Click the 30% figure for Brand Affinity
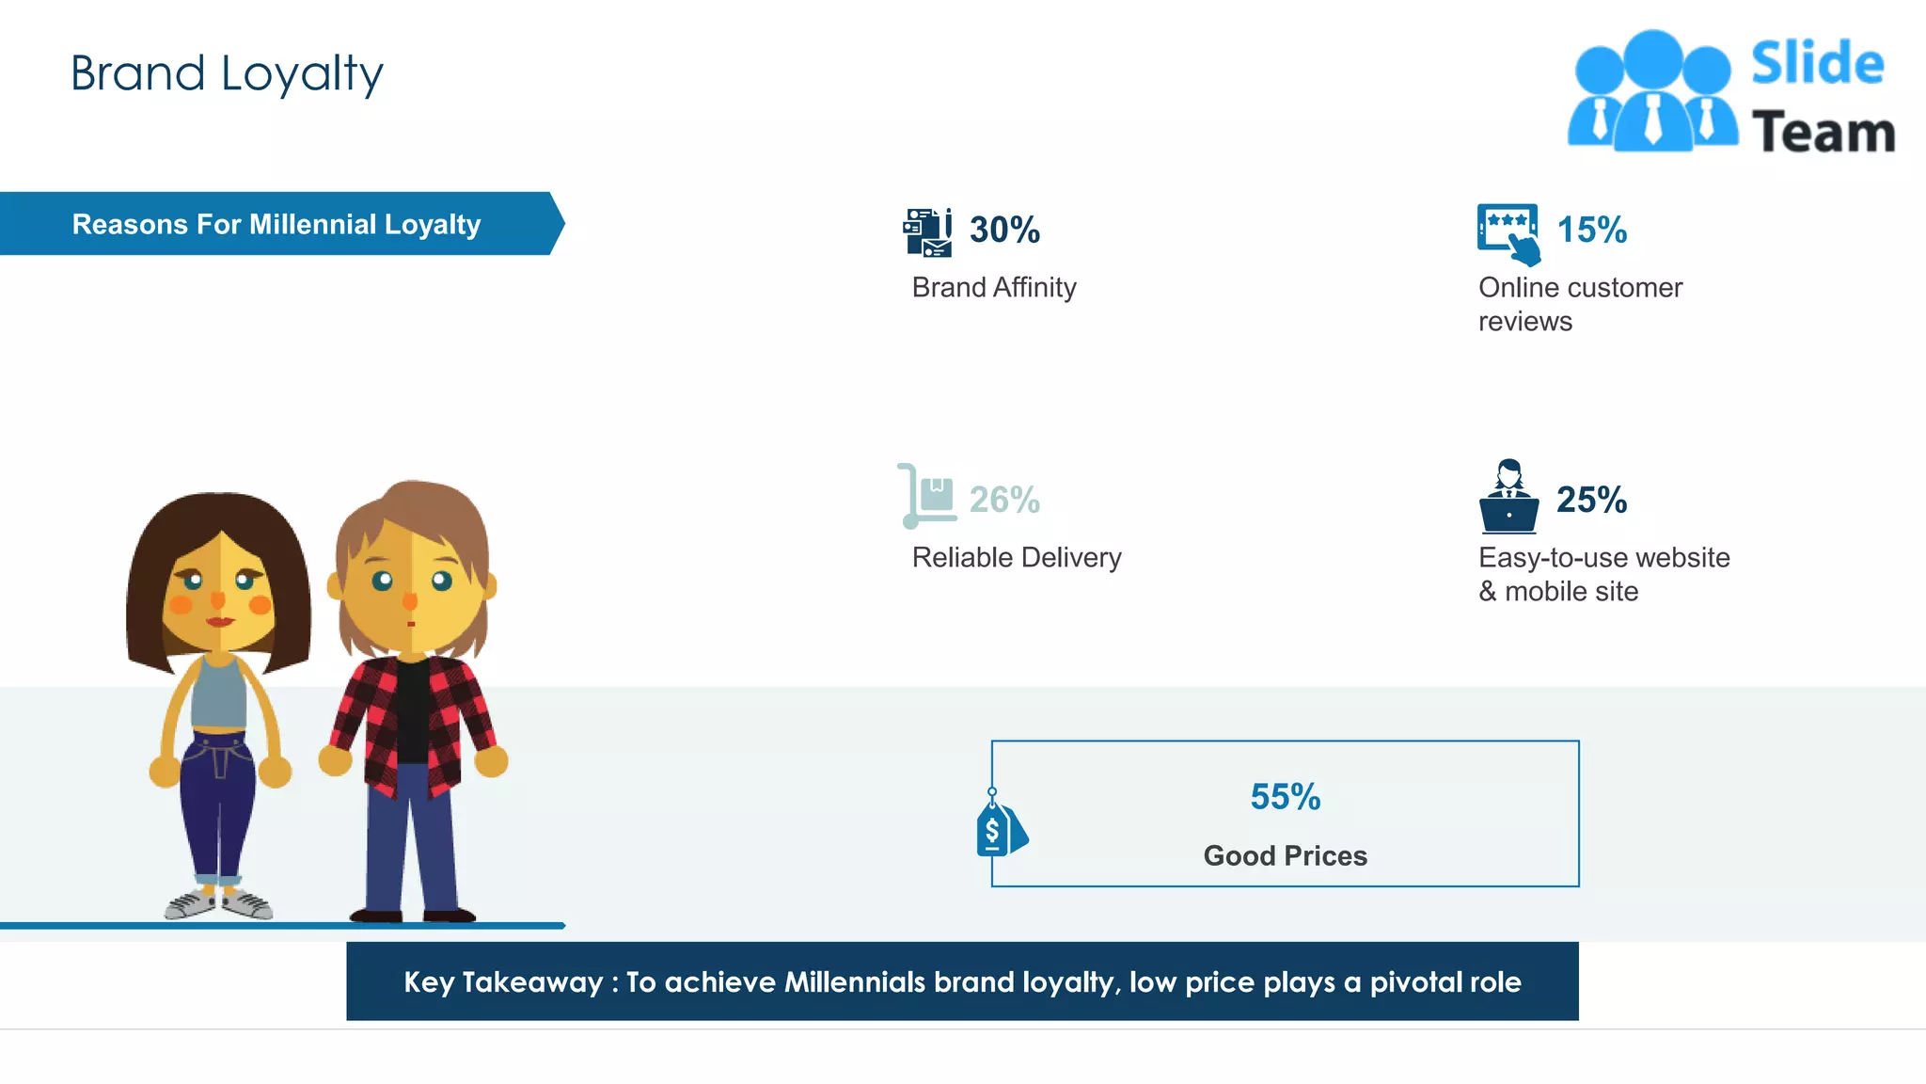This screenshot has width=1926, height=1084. click(x=1004, y=230)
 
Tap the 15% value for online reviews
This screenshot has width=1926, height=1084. click(x=1591, y=230)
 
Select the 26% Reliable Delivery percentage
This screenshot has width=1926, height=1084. click(x=1004, y=500)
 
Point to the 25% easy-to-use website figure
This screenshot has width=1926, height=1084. click(x=1591, y=500)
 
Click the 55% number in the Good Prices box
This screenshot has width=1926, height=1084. click(x=1285, y=797)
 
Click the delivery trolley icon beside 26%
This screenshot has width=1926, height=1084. click(x=926, y=496)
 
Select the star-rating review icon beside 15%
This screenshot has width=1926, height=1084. click(x=1508, y=233)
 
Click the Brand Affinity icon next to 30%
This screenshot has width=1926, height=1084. click(x=927, y=232)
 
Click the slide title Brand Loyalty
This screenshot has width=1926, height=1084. click(x=227, y=73)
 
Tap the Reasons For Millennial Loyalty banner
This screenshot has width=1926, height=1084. click(x=276, y=224)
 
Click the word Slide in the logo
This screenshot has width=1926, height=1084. click(x=1817, y=64)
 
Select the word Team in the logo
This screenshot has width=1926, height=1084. click(x=1823, y=132)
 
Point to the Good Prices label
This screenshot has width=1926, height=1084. click(x=1285, y=855)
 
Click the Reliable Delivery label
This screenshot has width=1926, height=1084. click(x=1017, y=557)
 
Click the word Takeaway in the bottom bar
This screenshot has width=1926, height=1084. click(x=532, y=981)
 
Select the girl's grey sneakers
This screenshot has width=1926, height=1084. click(x=218, y=903)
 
